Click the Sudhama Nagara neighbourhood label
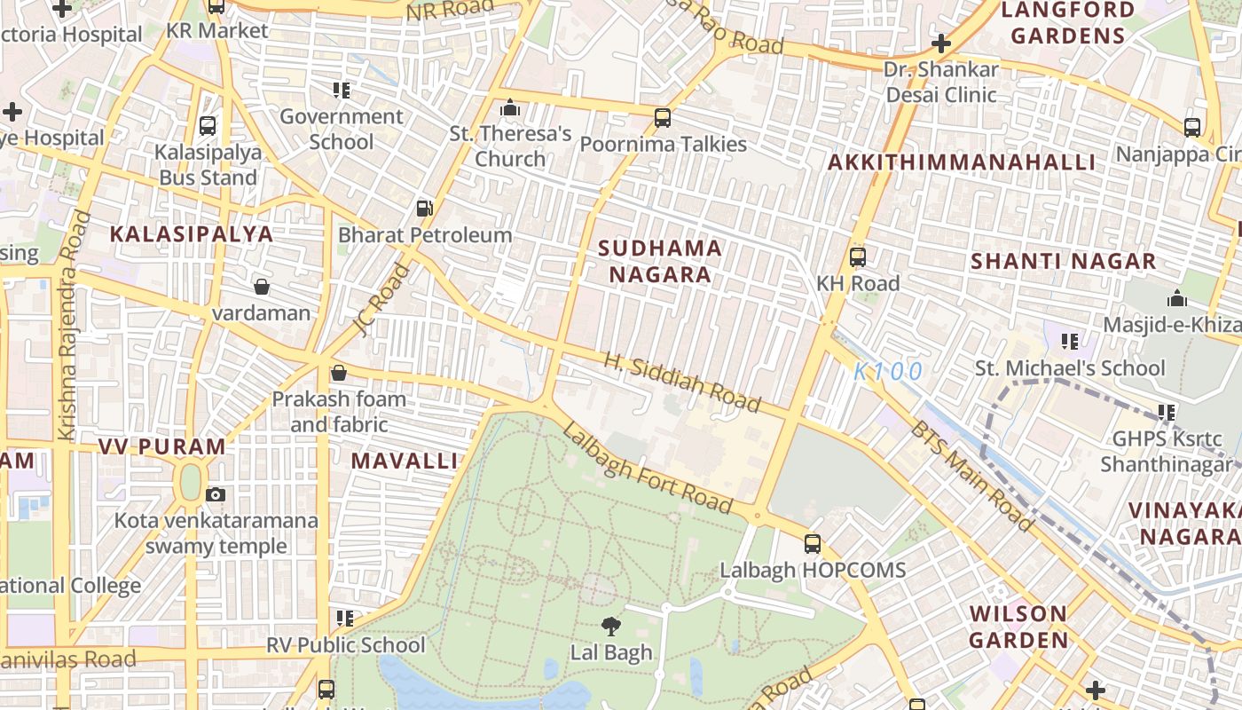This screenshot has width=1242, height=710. [x=659, y=261]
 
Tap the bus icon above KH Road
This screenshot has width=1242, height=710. [x=857, y=257]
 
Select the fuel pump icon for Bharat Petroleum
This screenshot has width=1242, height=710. [x=425, y=209]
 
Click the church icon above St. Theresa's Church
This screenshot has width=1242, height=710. [x=510, y=108]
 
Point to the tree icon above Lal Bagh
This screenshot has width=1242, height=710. [x=610, y=627]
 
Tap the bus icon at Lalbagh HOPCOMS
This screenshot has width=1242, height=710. [x=813, y=544]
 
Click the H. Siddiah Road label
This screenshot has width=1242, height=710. [x=682, y=383]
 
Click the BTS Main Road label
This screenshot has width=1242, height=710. [x=971, y=477]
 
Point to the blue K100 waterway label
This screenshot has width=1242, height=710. [x=888, y=372]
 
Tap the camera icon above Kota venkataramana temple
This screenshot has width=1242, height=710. [x=216, y=494]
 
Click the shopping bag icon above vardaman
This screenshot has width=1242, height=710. [x=262, y=287]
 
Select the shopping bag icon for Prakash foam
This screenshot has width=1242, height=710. [x=338, y=373]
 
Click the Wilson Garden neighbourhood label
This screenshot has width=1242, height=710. [x=1018, y=627]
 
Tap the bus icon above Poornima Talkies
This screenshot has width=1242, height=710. [x=662, y=117]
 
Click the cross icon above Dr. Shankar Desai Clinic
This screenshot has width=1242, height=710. [x=940, y=43]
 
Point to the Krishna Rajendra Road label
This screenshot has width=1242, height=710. [x=70, y=325]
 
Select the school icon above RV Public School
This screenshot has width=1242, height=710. [x=344, y=618]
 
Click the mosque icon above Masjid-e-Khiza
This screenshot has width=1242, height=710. [x=1177, y=298]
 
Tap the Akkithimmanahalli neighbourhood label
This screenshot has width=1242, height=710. [x=962, y=162]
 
